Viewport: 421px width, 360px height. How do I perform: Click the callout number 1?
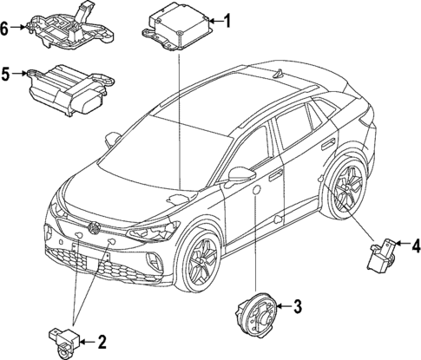(227, 20)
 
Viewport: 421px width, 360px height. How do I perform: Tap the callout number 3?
(296, 305)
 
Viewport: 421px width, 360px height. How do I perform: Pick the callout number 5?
(6, 75)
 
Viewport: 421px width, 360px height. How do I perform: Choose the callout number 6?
(6, 28)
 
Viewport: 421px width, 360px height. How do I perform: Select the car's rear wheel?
(346, 187)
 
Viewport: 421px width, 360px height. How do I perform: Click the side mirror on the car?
(240, 178)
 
